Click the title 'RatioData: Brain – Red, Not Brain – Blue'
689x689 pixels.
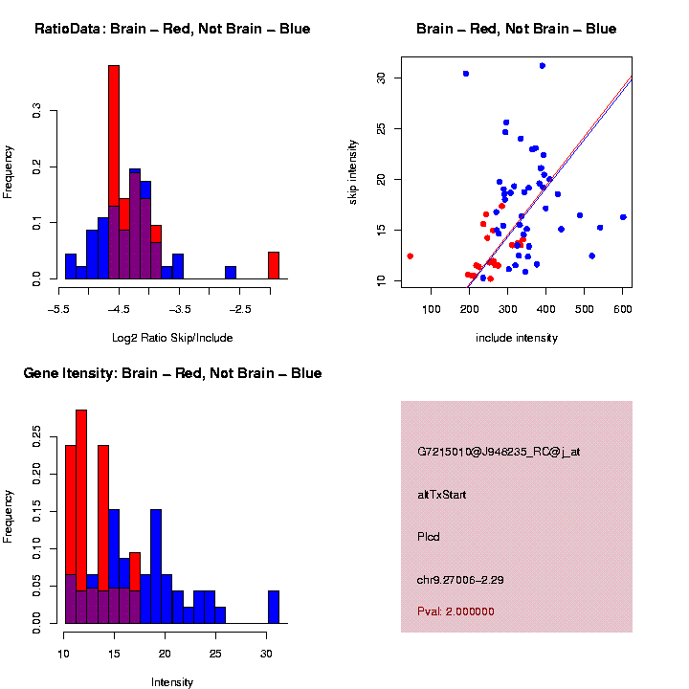(x=172, y=30)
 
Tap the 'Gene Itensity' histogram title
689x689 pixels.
(x=172, y=373)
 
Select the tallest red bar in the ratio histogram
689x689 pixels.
(x=114, y=172)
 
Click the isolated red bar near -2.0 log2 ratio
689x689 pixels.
(x=274, y=265)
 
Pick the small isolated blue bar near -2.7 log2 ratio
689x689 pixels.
(x=231, y=273)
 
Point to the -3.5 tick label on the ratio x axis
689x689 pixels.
(x=180, y=309)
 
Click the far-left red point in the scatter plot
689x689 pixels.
(x=411, y=256)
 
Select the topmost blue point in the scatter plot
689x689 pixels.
(x=543, y=66)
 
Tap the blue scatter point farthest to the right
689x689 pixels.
(x=623, y=217)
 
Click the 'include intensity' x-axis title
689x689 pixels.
(x=517, y=338)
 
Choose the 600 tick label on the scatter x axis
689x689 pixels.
(x=623, y=309)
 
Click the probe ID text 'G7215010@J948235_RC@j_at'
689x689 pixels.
(x=499, y=452)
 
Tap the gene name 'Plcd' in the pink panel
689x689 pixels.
(x=429, y=536)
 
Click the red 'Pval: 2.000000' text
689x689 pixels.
(x=456, y=611)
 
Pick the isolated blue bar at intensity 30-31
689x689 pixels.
(x=274, y=607)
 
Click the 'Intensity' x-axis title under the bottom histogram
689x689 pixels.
(x=172, y=682)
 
